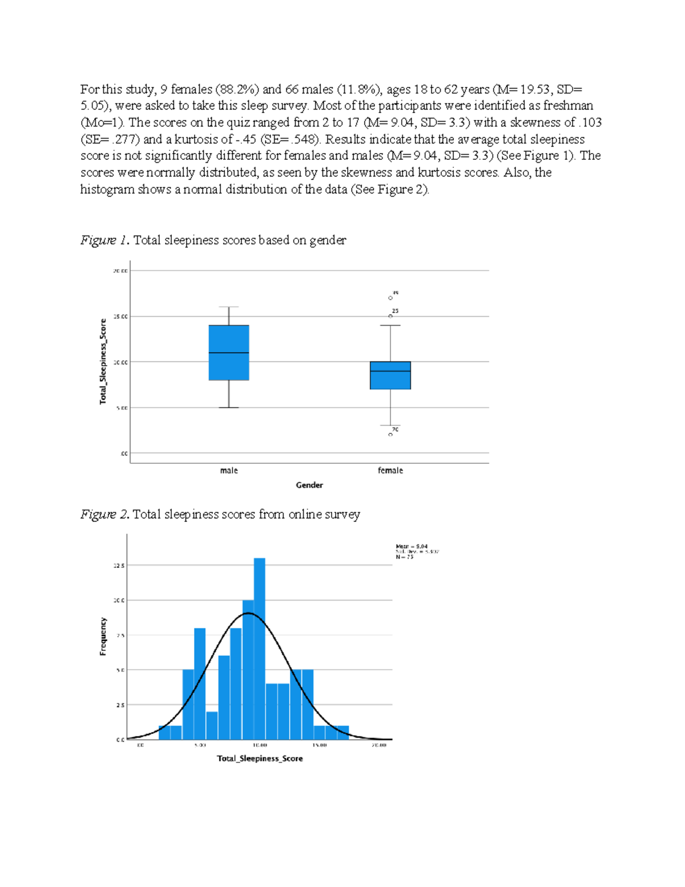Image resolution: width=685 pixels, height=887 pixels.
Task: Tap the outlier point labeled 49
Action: [x=390, y=298]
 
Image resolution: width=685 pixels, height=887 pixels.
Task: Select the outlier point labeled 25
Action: [x=390, y=316]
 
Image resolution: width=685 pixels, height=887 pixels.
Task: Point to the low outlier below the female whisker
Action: [x=390, y=435]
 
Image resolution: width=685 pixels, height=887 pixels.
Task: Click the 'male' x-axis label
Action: [x=228, y=471]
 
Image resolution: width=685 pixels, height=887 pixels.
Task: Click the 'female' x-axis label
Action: [x=390, y=471]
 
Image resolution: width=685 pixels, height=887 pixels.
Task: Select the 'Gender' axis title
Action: [x=309, y=485]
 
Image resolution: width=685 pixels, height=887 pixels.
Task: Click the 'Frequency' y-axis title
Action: [x=103, y=636]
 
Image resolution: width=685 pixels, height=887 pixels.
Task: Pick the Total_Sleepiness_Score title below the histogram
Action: [x=260, y=758]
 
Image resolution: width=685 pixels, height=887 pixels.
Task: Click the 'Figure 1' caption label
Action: [x=106, y=240]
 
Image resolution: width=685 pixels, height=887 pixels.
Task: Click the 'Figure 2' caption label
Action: [x=106, y=515]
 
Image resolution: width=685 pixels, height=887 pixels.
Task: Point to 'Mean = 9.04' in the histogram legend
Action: [x=412, y=547]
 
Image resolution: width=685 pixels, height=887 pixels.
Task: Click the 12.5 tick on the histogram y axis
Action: [x=119, y=565]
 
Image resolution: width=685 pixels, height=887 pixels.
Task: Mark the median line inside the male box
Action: [x=228, y=353]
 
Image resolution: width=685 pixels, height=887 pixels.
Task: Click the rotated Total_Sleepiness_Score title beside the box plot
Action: [x=103, y=362]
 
